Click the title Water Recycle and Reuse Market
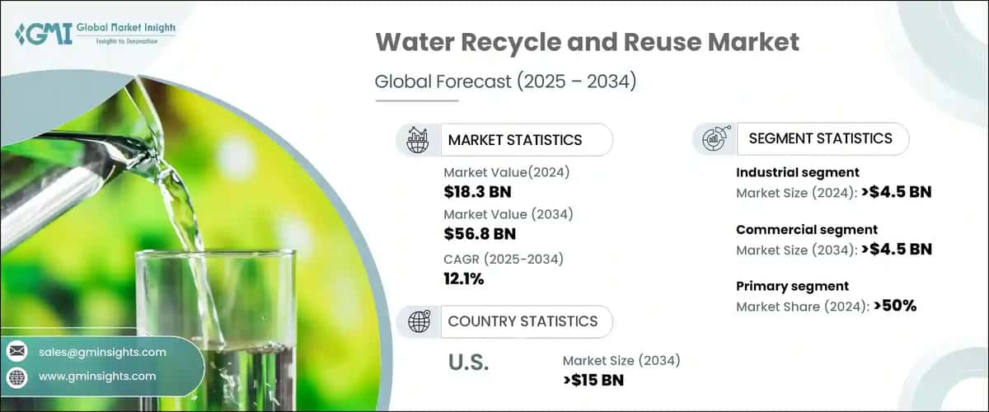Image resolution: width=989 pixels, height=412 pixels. click(x=587, y=44)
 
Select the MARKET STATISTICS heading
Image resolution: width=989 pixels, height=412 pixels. click(x=514, y=140)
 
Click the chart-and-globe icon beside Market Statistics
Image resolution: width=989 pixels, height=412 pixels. click(x=418, y=140)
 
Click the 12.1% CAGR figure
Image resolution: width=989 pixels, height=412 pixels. click(x=463, y=279)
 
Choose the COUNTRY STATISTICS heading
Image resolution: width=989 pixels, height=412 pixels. click(x=523, y=321)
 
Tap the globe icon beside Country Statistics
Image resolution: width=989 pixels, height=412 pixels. click(x=419, y=321)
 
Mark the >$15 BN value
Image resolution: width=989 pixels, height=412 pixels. click(x=593, y=380)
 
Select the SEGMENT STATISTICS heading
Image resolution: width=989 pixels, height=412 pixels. click(x=820, y=138)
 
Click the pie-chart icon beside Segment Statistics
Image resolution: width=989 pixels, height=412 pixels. click(x=714, y=138)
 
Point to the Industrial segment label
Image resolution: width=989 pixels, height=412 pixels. click(x=797, y=172)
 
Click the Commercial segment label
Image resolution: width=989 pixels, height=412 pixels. click(x=806, y=230)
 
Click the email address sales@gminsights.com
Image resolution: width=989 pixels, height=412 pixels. click(x=102, y=352)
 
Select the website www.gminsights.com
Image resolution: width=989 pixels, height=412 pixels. click(x=96, y=377)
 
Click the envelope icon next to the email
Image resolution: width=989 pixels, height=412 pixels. click(x=17, y=352)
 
